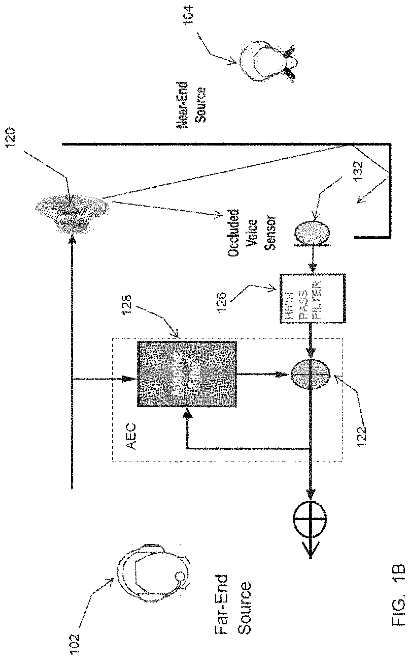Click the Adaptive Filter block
(x=187, y=374)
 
